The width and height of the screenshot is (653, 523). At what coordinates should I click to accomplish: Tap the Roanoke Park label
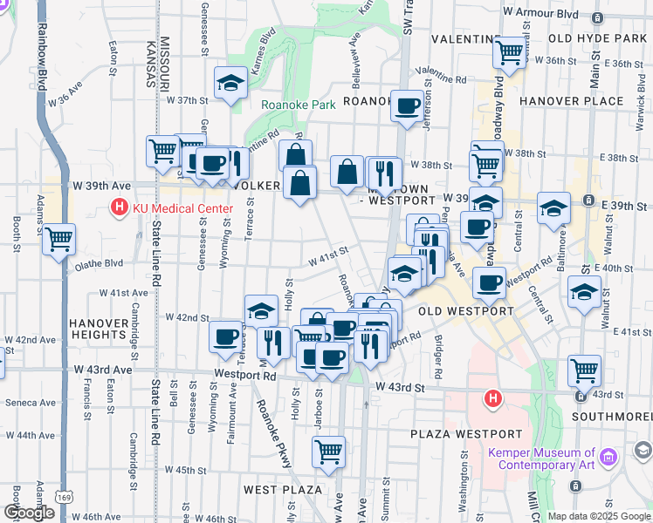click(x=299, y=105)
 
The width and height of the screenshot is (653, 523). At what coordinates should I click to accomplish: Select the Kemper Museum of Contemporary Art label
click(x=541, y=458)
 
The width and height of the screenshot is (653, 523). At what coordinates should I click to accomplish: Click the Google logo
click(x=29, y=513)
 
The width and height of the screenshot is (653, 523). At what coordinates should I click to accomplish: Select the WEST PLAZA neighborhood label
click(x=284, y=491)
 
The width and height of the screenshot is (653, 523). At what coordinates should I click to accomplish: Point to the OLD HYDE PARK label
click(x=598, y=39)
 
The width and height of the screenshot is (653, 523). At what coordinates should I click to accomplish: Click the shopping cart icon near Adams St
click(x=58, y=238)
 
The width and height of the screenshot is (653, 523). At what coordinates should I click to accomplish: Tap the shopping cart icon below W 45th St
click(x=328, y=451)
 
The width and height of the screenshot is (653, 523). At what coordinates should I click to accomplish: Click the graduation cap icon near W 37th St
click(x=230, y=83)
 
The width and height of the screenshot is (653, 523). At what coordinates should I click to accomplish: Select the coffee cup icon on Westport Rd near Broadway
click(x=489, y=282)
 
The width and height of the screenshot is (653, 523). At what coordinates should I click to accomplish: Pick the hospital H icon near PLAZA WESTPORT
click(x=493, y=399)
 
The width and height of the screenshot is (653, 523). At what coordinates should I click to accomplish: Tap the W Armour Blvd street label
click(x=542, y=12)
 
